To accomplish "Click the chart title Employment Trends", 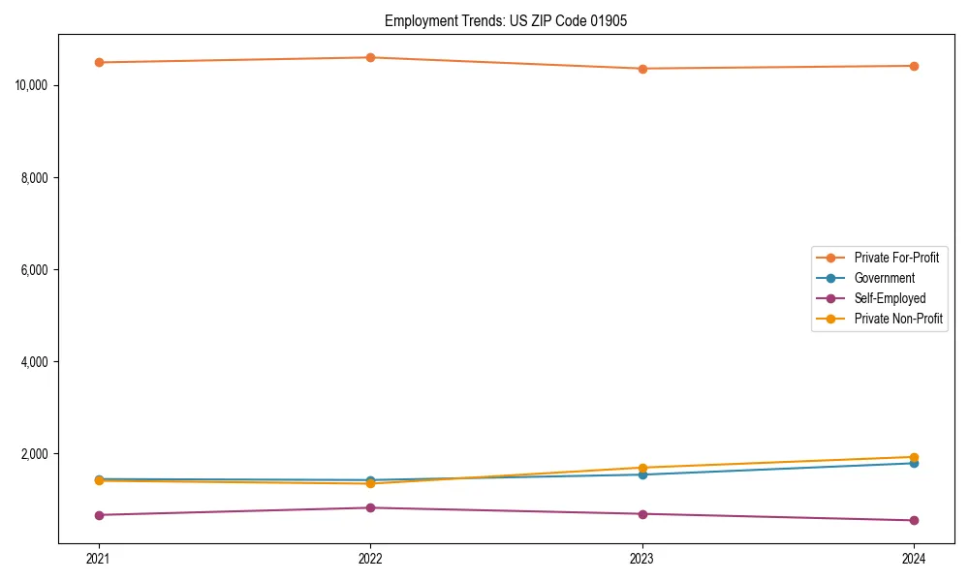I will (506, 21).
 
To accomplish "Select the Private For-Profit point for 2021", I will (99, 62).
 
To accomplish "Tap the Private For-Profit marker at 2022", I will (370, 57).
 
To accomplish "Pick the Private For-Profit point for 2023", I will (642, 69).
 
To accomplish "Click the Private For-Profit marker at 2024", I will (914, 66).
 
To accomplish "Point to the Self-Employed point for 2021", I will (99, 515).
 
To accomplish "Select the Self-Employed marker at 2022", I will (370, 507).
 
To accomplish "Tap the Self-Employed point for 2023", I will (642, 514).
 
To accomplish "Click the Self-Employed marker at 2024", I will (914, 520).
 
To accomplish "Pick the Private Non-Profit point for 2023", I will (642, 468).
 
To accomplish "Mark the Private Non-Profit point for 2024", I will (914, 457).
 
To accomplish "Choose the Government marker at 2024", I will (914, 463).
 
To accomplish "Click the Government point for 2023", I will (642, 474).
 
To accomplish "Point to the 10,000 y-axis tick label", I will (33, 85).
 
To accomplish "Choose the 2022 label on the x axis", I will (370, 558).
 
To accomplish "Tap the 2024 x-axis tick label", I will (914, 558).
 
